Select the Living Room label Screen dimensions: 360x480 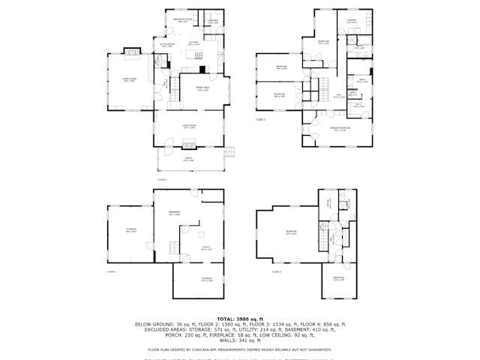189,126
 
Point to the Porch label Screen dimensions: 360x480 189,158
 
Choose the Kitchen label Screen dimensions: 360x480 193,43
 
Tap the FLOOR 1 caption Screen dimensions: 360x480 112,271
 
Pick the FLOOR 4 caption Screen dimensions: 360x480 277,271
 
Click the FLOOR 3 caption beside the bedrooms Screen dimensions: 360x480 261,118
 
